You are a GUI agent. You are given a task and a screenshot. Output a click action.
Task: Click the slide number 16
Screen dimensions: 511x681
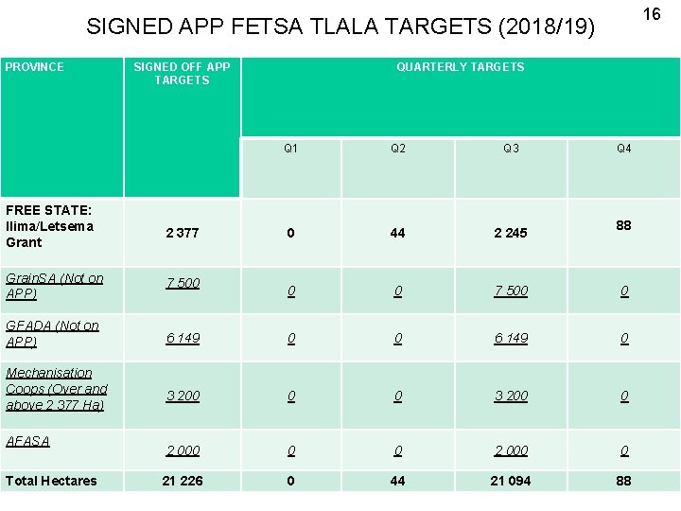[x=652, y=14]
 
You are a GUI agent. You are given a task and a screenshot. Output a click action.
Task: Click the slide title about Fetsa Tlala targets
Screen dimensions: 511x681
[x=340, y=26]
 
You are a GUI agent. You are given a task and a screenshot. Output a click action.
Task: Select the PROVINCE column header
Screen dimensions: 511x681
[x=35, y=67]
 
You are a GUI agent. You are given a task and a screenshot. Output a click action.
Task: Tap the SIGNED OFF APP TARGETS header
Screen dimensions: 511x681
[x=182, y=74]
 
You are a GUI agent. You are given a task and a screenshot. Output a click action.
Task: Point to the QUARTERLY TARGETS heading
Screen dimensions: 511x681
[x=460, y=67]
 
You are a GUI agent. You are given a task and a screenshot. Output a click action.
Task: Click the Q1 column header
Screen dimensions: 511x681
[x=290, y=149]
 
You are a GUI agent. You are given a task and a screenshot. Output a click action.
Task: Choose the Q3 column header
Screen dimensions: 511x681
[x=511, y=149]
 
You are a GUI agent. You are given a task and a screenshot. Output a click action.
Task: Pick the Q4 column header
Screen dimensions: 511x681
[x=623, y=149]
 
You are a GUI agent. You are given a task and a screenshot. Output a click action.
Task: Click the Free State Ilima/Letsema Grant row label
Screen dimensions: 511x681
[x=49, y=226]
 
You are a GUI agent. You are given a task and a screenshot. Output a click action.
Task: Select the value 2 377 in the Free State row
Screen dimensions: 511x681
[x=182, y=233]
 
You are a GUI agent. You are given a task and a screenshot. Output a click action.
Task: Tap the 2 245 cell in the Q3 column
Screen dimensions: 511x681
[x=511, y=233]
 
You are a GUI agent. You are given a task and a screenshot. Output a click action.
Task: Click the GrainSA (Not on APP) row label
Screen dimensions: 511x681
[x=54, y=286]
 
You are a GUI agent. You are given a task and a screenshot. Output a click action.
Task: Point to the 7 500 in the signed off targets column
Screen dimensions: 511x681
[x=182, y=284]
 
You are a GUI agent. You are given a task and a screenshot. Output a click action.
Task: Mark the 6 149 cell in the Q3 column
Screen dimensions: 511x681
[x=511, y=338]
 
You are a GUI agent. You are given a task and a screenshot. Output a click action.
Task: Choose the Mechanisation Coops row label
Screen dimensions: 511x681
[x=56, y=389]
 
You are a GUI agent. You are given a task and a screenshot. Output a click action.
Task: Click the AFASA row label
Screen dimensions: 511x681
[x=27, y=441]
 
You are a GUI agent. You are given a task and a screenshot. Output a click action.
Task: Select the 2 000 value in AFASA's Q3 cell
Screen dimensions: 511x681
[x=511, y=451]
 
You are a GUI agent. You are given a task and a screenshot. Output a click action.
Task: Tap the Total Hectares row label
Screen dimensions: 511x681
[x=51, y=481]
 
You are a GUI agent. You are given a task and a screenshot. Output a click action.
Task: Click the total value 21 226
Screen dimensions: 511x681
[x=182, y=481]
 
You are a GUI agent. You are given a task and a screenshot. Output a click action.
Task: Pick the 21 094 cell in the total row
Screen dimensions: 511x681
[x=511, y=481]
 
